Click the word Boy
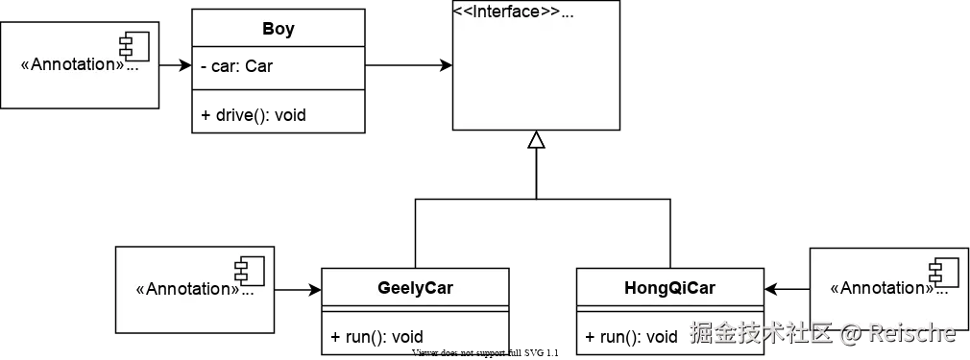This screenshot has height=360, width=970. [x=279, y=29]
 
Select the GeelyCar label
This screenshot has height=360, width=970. [x=415, y=287]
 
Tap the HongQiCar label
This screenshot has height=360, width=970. [x=669, y=287]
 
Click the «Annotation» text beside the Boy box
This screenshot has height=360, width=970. [x=72, y=65]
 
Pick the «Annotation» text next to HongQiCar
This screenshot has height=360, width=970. [x=881, y=288]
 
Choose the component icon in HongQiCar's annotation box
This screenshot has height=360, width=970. [x=943, y=270]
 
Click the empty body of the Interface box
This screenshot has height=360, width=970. [x=536, y=77]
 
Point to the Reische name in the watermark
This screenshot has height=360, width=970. [x=912, y=333]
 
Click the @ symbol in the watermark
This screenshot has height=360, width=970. [x=849, y=334]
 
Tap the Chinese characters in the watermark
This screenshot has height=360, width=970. [x=760, y=333]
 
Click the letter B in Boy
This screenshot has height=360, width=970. [x=268, y=29]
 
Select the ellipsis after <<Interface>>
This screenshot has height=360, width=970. [x=568, y=12]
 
